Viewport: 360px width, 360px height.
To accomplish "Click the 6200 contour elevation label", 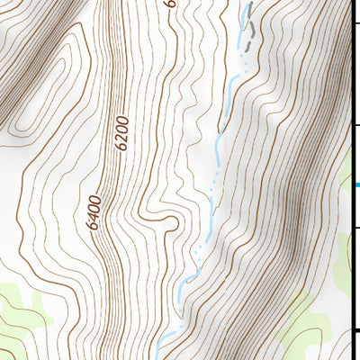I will (x=122, y=132).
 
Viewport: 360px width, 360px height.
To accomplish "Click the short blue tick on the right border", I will (x=356, y=185).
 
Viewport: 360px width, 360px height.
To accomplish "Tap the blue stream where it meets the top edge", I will (x=246, y=4).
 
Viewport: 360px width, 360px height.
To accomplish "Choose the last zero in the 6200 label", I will (x=122, y=119).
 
